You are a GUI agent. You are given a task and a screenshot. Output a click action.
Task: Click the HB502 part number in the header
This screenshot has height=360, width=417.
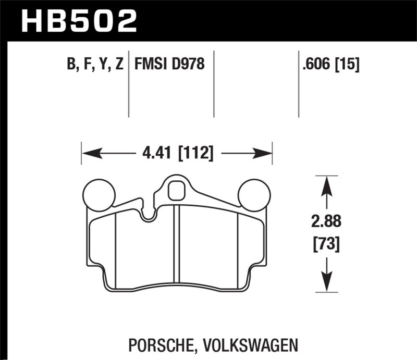point(78,21)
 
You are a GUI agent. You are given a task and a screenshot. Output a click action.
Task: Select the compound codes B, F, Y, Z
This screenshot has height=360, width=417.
point(95,64)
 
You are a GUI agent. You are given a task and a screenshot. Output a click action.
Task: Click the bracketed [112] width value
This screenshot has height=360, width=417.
point(195,153)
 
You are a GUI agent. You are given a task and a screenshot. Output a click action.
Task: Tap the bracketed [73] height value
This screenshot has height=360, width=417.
point(326,243)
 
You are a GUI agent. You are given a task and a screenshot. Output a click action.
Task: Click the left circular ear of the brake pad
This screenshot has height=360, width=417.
point(99,194)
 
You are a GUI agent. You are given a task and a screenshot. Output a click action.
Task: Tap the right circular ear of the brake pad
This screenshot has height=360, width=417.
point(254,194)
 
